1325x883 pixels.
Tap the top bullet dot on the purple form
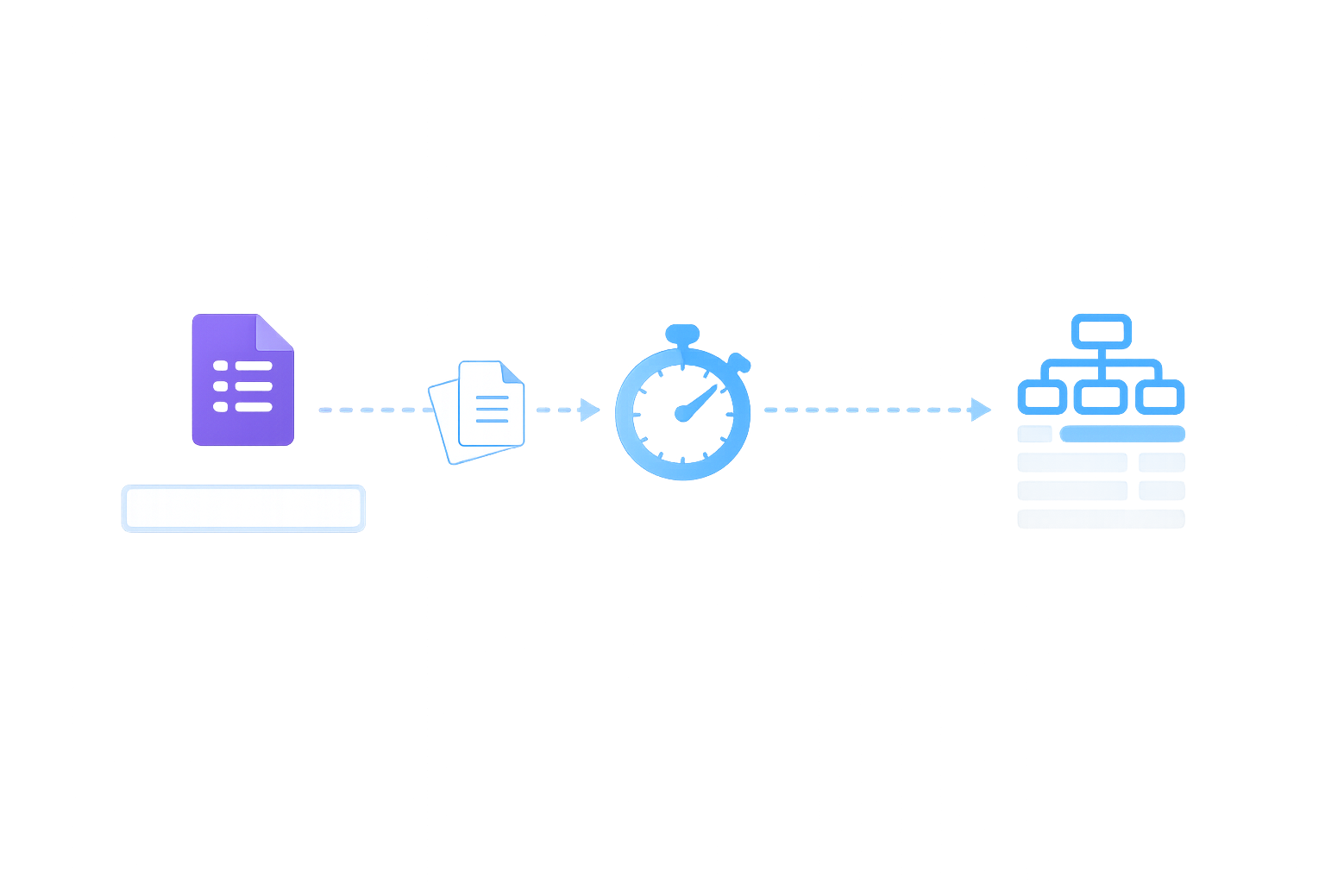coord(220,366)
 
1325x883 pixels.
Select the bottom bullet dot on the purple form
coord(220,406)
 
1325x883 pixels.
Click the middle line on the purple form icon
coord(254,385)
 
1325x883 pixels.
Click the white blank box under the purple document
coord(242,507)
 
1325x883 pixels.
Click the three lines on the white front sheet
coord(492,408)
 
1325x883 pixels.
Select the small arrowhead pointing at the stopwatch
coord(591,409)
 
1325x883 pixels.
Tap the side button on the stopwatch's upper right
coord(735,360)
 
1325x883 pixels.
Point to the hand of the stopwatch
coord(700,400)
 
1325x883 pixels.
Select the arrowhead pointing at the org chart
coord(980,410)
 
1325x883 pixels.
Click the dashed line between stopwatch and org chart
coord(863,410)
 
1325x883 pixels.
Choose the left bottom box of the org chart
coord(1040,398)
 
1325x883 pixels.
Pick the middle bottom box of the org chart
coord(1101,398)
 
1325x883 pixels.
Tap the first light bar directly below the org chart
coord(1101,435)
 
